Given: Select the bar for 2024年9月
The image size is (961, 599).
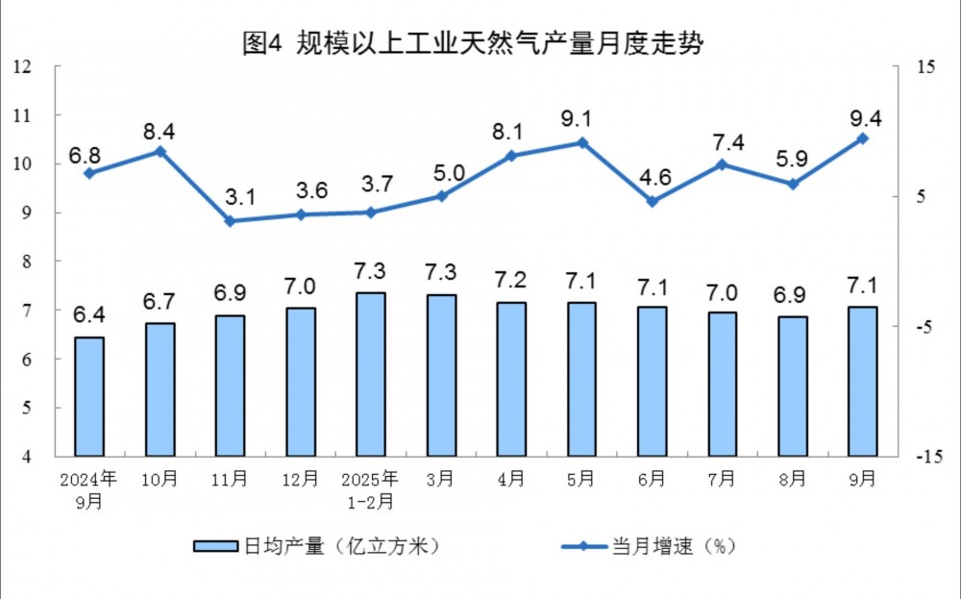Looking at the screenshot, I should pyautogui.click(x=89, y=396).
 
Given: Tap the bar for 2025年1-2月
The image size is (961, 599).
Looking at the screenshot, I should pyautogui.click(x=370, y=374).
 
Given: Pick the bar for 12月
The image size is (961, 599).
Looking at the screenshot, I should pyautogui.click(x=301, y=382).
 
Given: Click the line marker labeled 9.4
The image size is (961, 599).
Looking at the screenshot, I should pyautogui.click(x=862, y=138).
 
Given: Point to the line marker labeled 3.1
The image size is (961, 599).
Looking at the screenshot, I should pyautogui.click(x=230, y=221).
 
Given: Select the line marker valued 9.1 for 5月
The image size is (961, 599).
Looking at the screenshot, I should pyautogui.click(x=581, y=142).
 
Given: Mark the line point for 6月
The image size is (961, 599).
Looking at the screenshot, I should pyautogui.click(x=652, y=202).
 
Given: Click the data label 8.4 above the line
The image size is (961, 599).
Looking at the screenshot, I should pyautogui.click(x=160, y=131).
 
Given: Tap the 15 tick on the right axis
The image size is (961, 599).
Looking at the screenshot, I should pyautogui.click(x=925, y=66).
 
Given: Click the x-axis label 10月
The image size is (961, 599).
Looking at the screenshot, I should pyautogui.click(x=160, y=478).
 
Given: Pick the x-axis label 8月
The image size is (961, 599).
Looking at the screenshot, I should pyautogui.click(x=793, y=478).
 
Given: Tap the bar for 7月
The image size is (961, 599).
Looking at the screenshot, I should pyautogui.click(x=722, y=384).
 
